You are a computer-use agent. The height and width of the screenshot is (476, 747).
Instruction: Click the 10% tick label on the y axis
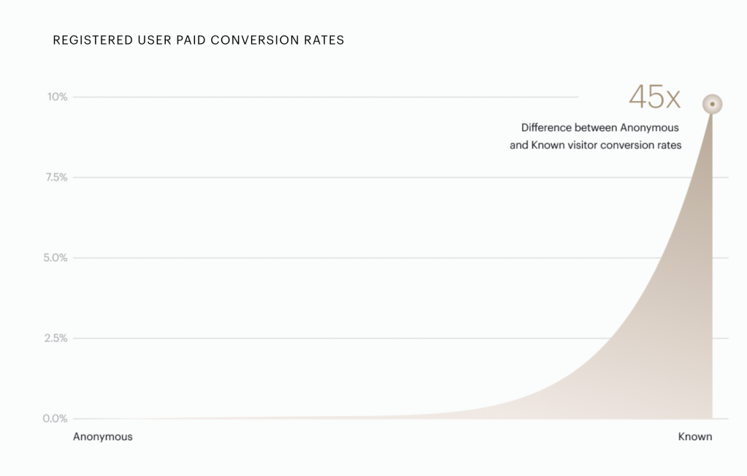click(x=58, y=97)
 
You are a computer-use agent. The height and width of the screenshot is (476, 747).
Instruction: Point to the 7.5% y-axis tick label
click(x=55, y=177)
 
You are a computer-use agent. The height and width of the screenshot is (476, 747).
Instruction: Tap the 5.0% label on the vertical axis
click(x=55, y=257)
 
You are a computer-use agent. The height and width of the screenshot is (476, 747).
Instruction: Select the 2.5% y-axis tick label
click(x=55, y=339)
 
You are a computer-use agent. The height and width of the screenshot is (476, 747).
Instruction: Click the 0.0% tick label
click(x=55, y=419)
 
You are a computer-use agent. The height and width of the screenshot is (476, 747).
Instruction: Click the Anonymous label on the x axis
click(x=103, y=437)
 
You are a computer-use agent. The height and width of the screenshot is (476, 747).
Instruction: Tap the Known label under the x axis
click(x=695, y=437)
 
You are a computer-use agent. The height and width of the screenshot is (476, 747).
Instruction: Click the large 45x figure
click(x=654, y=97)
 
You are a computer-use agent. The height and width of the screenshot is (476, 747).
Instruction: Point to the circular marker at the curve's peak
click(x=712, y=105)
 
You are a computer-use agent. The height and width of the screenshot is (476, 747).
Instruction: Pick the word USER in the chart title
click(x=153, y=40)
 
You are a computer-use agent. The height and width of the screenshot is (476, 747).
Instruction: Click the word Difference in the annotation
click(x=546, y=128)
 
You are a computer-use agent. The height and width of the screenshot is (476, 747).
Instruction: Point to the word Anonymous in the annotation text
click(x=649, y=128)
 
